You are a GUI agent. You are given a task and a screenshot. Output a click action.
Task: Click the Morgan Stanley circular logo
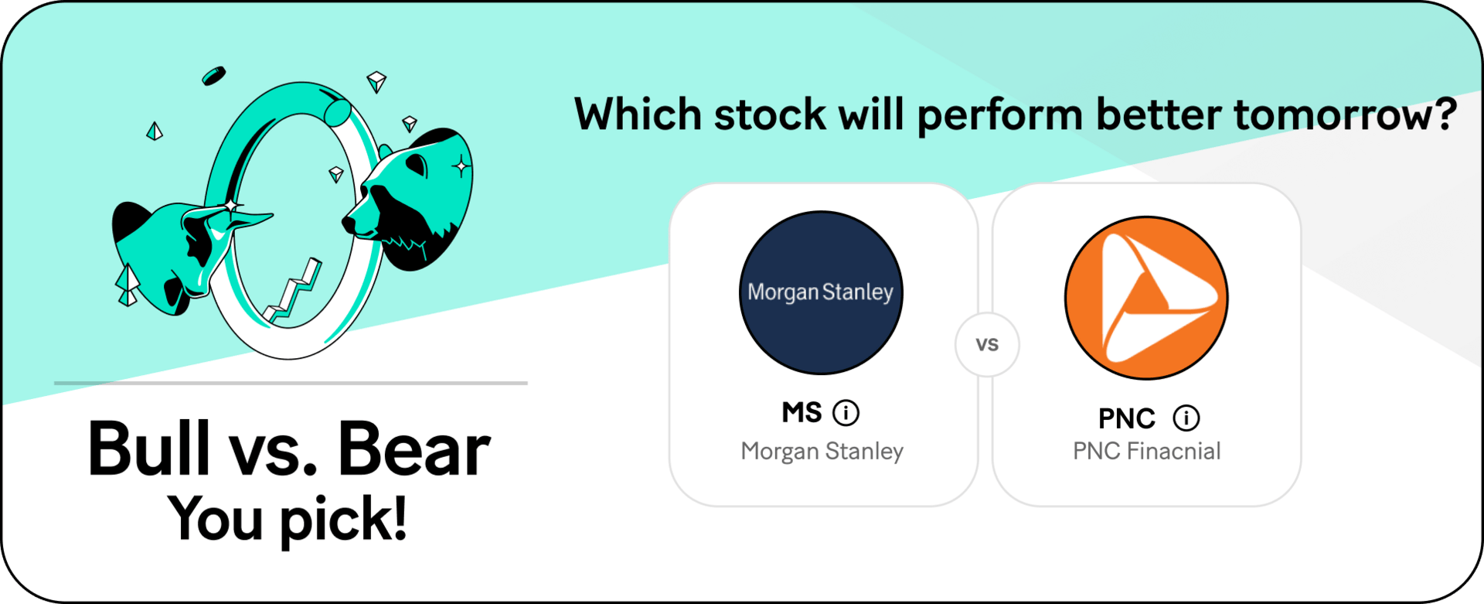point(821,292)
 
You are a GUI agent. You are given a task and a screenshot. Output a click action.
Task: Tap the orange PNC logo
point(1146,298)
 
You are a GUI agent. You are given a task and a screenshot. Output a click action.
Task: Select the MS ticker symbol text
point(802,412)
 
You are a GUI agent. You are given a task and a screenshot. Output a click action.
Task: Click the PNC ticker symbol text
point(1127,418)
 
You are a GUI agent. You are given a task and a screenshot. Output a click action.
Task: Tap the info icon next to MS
point(846,413)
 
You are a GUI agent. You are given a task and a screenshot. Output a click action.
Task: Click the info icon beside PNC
point(1186,418)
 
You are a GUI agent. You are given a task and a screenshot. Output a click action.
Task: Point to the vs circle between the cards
point(987,345)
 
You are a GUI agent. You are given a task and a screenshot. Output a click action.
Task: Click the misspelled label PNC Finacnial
point(1147,451)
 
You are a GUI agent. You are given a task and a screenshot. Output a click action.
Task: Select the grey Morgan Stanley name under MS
point(822,451)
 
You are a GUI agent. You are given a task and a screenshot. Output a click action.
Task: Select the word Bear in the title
point(414,448)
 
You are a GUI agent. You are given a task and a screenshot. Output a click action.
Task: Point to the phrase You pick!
point(288,518)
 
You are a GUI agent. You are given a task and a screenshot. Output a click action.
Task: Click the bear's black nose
point(349,224)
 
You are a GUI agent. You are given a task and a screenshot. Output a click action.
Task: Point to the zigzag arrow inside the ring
point(293,290)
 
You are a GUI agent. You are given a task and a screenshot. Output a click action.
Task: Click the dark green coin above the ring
point(213,76)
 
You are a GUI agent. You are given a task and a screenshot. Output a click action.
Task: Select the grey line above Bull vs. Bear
point(291,383)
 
